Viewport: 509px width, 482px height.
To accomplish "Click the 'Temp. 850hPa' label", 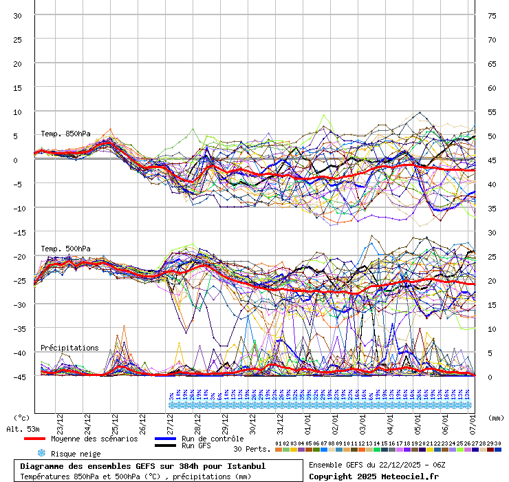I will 61,134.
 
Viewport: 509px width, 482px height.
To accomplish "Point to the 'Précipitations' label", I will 69,348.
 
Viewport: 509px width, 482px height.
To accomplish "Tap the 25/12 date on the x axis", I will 115,421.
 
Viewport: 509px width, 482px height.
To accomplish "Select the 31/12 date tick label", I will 280,421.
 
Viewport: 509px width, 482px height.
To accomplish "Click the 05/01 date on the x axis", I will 418,421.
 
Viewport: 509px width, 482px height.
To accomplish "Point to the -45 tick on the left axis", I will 19,377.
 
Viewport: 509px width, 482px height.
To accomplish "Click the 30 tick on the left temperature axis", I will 18,16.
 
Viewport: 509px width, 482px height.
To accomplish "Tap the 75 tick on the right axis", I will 491,16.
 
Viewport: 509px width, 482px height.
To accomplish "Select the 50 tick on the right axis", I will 491,136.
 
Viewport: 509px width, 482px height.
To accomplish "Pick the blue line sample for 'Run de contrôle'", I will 168,439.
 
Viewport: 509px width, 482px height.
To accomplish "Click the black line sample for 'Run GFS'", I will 168,446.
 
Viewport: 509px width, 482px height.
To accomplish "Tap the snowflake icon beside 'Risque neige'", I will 41,454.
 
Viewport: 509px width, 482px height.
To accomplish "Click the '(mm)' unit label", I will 495,417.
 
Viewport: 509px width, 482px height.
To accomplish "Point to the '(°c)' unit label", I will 22,417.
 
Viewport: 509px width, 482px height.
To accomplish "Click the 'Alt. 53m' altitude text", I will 22,429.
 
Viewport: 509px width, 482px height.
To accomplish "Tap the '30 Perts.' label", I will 252,449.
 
